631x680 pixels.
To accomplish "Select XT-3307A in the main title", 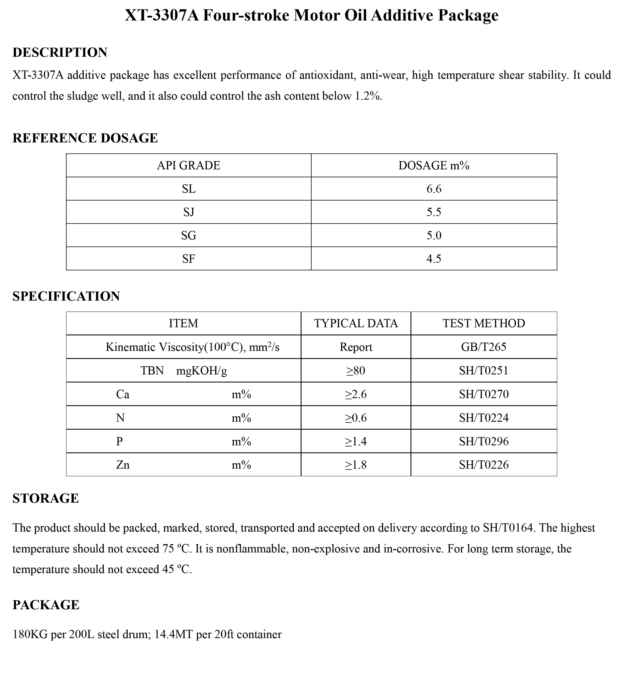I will pyautogui.click(x=162, y=15).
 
